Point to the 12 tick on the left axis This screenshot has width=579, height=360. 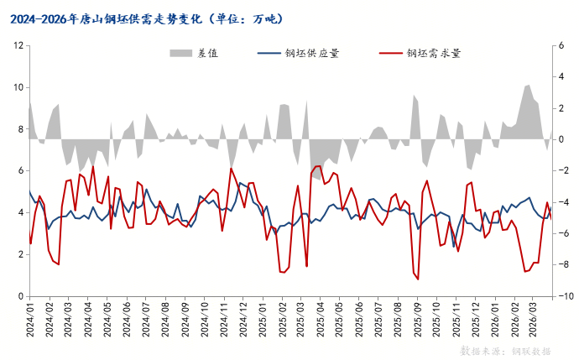pyautogui.click(x=17, y=45)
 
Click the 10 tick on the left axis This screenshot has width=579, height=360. pyautogui.click(x=17, y=87)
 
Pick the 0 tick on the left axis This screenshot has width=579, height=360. pyautogui.click(x=19, y=296)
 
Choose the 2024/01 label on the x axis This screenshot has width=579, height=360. pyautogui.click(x=30, y=320)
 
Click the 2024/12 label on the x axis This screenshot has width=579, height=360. pyautogui.click(x=243, y=320)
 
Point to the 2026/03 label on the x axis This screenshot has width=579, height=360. pyautogui.click(x=534, y=320)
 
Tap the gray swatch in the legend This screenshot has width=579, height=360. pyautogui.click(x=180, y=53)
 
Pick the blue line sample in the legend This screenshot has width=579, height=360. pyautogui.click(x=269, y=53)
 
